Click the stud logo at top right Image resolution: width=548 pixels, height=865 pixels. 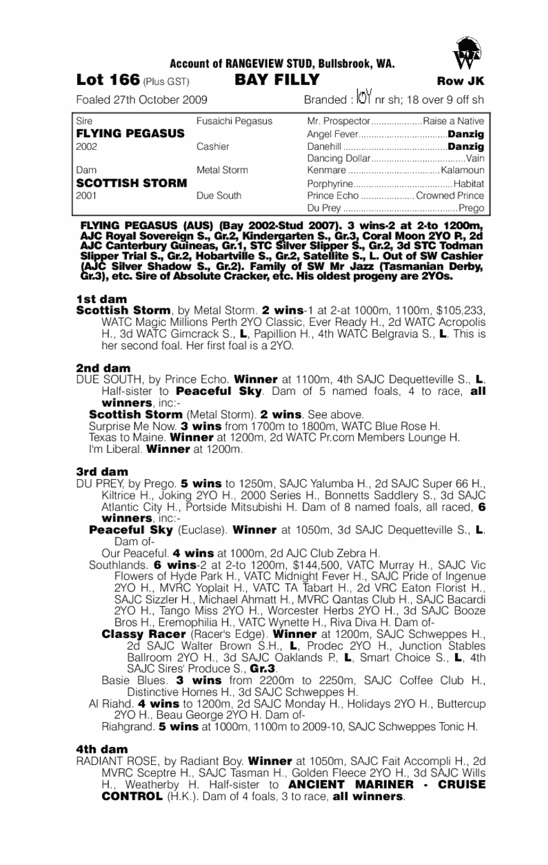463,53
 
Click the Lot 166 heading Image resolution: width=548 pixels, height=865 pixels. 108,80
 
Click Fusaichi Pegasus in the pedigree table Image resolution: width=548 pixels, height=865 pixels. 234,121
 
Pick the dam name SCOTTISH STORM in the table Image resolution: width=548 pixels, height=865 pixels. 131,184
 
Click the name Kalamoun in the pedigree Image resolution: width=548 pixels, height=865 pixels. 465,170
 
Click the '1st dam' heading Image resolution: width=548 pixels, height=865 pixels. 101,299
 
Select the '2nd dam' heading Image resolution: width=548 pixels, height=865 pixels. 103,368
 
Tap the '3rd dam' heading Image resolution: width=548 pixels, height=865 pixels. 103,471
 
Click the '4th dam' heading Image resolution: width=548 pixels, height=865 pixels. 102,749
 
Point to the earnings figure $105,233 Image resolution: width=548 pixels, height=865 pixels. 460,311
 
